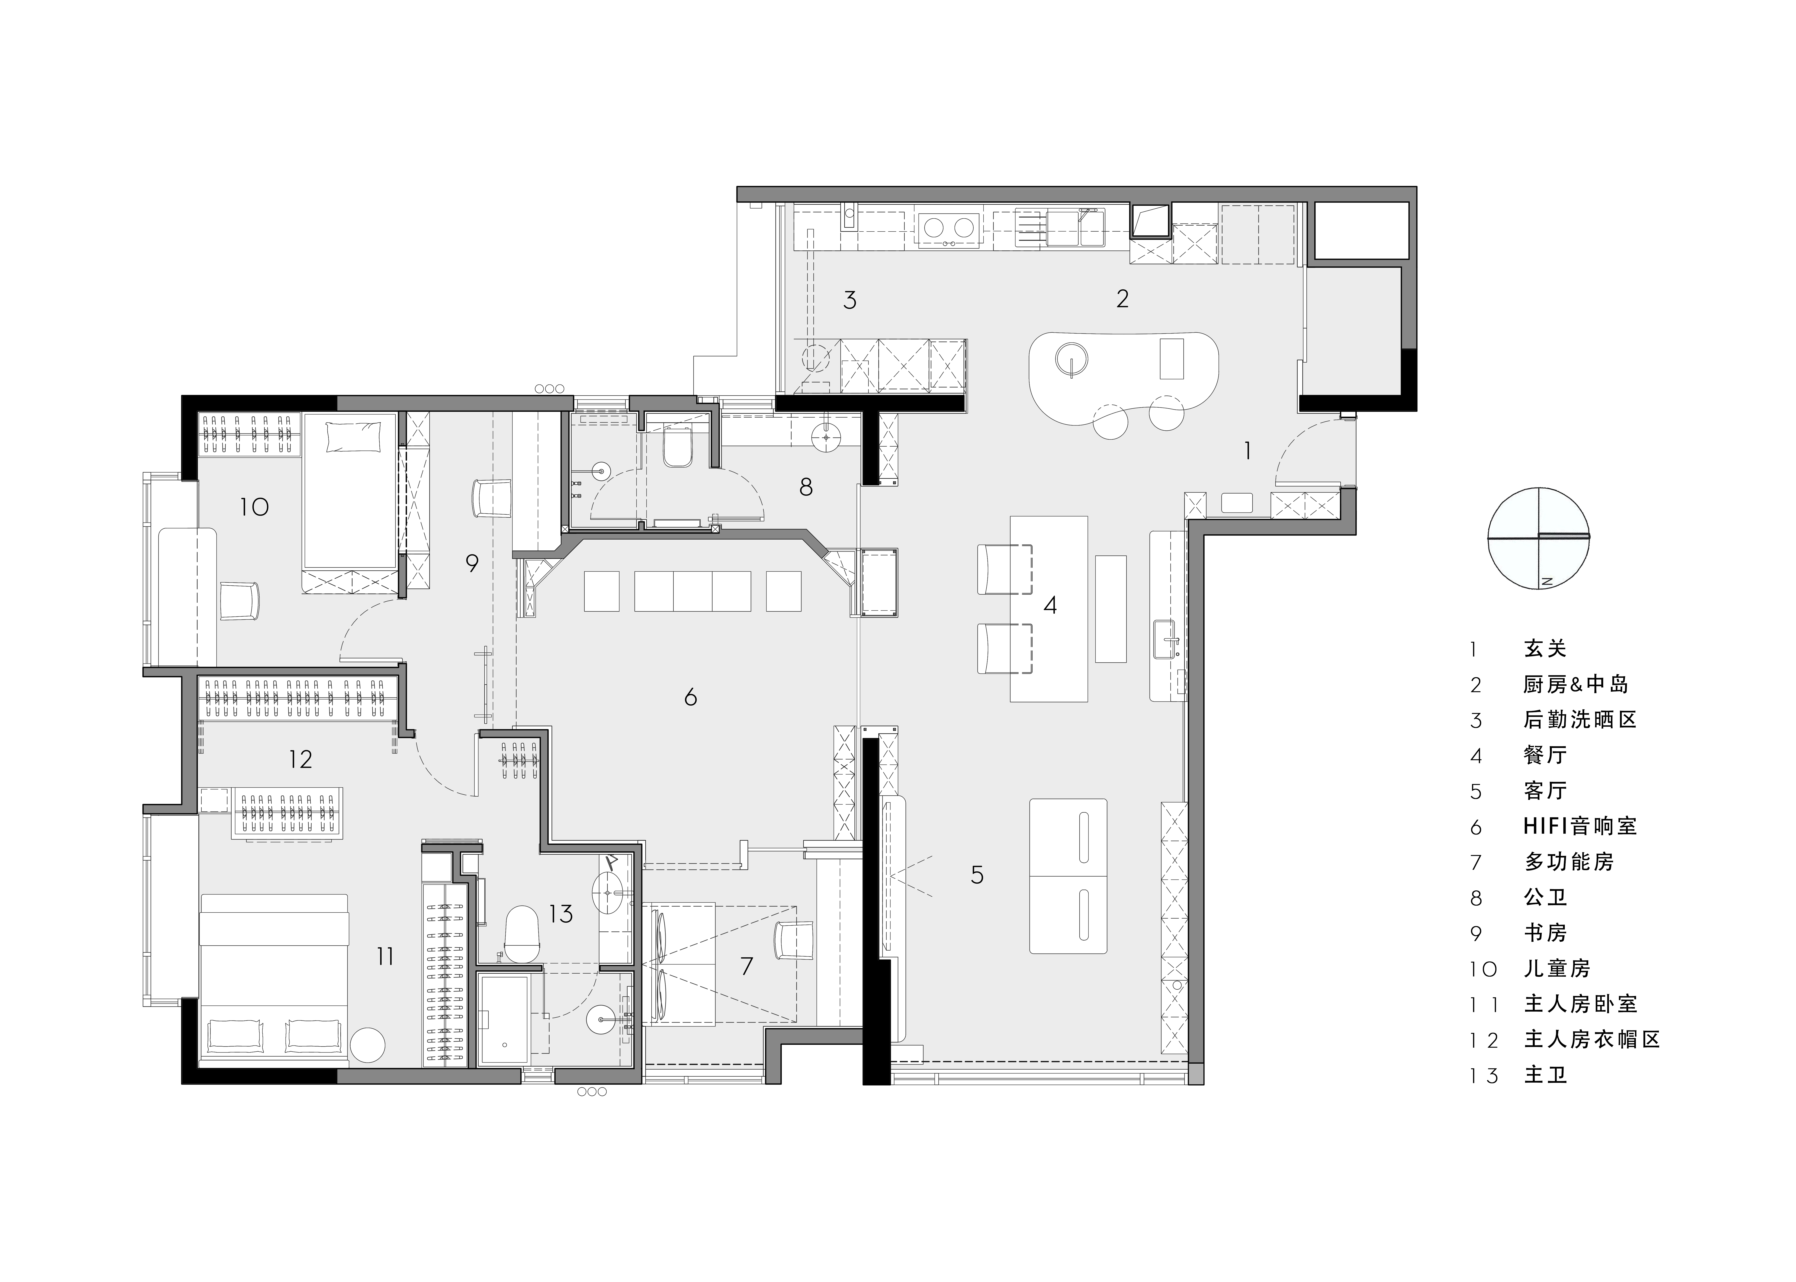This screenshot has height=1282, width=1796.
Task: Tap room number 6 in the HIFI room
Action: [691, 697]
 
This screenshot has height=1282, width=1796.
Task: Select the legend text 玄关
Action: [1545, 649]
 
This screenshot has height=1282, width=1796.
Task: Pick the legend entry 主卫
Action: [1545, 1075]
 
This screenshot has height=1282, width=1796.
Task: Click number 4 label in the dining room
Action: [1050, 605]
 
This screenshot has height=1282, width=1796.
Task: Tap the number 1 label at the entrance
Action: [1247, 451]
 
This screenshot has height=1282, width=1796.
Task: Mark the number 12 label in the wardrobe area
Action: [301, 759]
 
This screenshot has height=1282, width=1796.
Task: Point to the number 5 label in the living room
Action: [977, 875]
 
